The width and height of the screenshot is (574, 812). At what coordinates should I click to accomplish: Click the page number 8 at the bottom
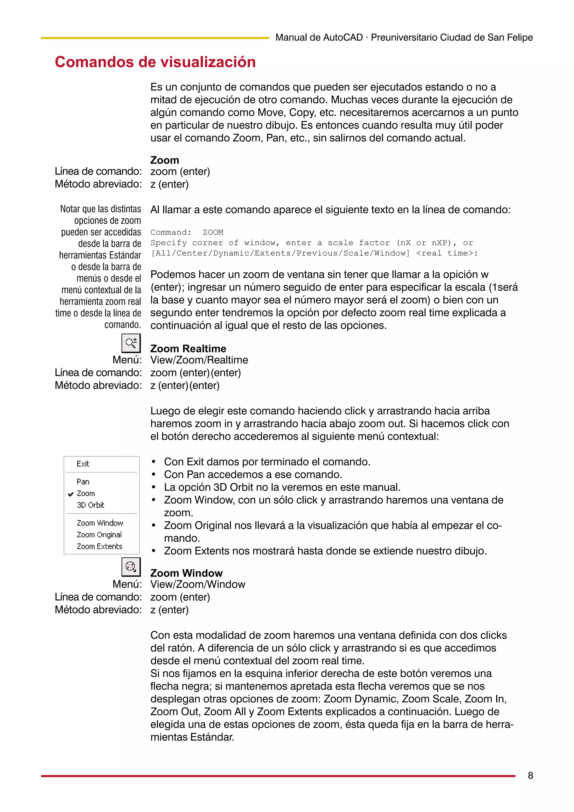[x=530, y=776]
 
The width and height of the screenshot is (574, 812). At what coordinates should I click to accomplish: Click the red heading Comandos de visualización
[x=155, y=62]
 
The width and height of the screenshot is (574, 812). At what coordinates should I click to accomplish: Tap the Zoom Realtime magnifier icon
[x=131, y=343]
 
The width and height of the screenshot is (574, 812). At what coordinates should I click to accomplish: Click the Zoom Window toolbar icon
[x=131, y=567]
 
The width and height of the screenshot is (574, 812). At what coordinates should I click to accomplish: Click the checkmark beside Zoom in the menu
[x=71, y=494]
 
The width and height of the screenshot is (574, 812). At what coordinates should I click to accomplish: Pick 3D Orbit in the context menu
[x=91, y=505]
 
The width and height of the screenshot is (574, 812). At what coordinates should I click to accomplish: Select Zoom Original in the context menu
[x=99, y=535]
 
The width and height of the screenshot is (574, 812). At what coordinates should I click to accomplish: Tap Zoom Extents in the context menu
[x=99, y=546]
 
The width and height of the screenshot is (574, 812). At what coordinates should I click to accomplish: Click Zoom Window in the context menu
[x=100, y=523]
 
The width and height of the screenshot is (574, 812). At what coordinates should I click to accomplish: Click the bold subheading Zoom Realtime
[x=188, y=349]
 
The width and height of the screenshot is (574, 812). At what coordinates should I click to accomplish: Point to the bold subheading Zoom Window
[x=186, y=573]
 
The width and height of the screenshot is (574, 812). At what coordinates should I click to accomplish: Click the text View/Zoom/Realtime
[x=199, y=360]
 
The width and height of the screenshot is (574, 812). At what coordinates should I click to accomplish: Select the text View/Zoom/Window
[x=198, y=584]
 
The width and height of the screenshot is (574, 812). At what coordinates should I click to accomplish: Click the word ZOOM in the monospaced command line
[x=213, y=232]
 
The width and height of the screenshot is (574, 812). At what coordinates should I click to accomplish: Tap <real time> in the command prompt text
[x=446, y=253]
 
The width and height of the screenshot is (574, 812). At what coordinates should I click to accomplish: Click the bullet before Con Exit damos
[x=154, y=462]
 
